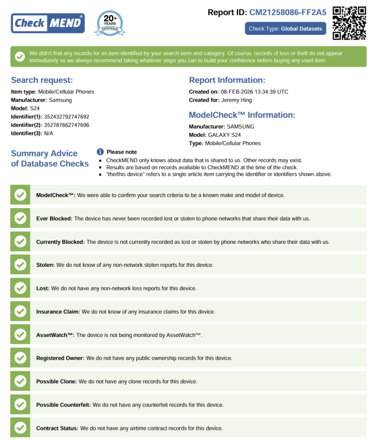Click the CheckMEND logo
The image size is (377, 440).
[x=48, y=23]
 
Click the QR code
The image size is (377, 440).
[x=349, y=23]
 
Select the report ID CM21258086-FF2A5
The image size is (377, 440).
[x=288, y=12]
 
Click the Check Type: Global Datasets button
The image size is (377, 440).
[x=285, y=28]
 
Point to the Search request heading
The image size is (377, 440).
[x=42, y=80]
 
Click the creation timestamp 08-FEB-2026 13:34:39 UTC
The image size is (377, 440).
[x=254, y=92]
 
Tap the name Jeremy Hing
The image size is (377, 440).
[x=237, y=100]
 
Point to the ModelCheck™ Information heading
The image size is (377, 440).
[x=242, y=115]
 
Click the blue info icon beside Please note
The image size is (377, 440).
[x=100, y=152]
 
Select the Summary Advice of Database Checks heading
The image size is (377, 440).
[x=50, y=158]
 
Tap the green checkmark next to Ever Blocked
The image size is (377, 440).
[x=20, y=218]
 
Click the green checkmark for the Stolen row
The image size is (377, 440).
[x=20, y=265]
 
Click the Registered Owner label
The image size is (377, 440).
[x=60, y=358]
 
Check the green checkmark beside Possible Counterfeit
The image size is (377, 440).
[x=20, y=405]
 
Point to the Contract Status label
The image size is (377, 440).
[x=57, y=428]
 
